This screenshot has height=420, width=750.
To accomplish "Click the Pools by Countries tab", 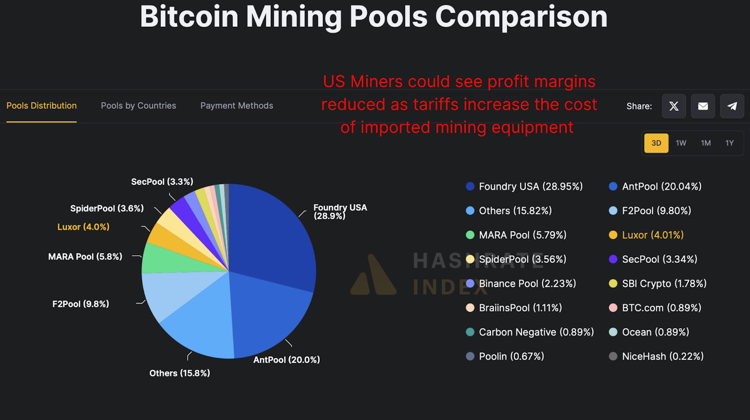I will [138, 106].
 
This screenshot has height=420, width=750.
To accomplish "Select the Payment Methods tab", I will [236, 106].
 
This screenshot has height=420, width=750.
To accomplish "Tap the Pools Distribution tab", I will [41, 106].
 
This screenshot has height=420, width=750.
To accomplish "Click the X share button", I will [674, 106].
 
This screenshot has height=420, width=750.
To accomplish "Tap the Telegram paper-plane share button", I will [732, 106].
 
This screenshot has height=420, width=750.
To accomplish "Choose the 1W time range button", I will [681, 143].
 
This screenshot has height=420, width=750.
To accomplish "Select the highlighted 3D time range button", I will [656, 143].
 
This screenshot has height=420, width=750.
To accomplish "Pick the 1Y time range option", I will [729, 143].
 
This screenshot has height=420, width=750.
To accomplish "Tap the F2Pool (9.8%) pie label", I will [81, 304].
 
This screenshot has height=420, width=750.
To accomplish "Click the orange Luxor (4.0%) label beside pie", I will [83, 227].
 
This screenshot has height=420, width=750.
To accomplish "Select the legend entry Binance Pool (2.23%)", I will [527, 283].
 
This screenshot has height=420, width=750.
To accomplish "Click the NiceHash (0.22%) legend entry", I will [662, 356].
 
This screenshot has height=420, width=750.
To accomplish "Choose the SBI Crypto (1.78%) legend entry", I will [664, 283].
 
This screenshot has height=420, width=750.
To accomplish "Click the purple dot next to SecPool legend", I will [613, 259].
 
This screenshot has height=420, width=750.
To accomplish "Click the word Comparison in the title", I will [521, 17].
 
